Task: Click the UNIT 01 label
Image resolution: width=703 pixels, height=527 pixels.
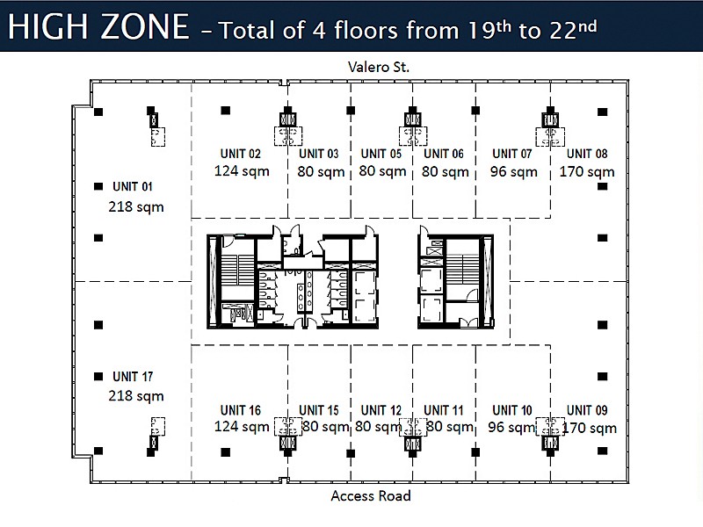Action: click(133, 186)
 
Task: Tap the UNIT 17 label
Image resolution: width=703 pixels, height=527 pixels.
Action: click(133, 377)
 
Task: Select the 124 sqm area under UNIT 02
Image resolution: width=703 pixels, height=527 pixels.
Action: click(242, 171)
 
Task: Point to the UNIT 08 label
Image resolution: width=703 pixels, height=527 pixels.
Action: click(587, 154)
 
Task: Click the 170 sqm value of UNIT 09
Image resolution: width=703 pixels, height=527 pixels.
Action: click(590, 428)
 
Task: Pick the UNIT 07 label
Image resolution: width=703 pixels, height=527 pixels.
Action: click(512, 154)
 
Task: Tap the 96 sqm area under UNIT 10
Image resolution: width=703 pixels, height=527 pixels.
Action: click(512, 427)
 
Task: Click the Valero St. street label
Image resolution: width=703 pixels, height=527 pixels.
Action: click(379, 68)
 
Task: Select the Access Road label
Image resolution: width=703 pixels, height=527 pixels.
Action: click(371, 495)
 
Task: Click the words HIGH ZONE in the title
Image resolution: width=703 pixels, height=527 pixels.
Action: click(98, 26)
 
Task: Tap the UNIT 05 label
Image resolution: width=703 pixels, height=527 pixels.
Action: click(381, 154)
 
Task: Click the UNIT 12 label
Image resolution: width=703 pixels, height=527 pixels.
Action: click(381, 410)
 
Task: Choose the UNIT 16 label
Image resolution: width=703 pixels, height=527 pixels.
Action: click(240, 410)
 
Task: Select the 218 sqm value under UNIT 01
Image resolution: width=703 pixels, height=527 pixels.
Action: click(136, 207)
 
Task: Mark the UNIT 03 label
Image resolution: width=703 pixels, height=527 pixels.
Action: click(319, 154)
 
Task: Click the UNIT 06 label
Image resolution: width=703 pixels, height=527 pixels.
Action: click(444, 154)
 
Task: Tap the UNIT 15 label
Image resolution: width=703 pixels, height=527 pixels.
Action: click(319, 410)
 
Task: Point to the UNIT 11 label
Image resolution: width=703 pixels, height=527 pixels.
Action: click(444, 410)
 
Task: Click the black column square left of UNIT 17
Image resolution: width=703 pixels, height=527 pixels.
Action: click(98, 377)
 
